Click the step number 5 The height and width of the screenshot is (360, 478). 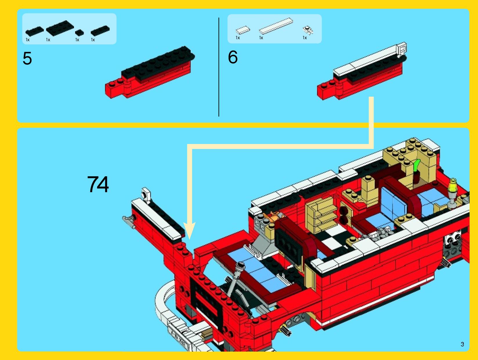pos(27,58)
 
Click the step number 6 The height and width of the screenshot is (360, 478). pos(233,57)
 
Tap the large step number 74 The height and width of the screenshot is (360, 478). pos(98,184)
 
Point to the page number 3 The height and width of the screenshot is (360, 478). pos(462,344)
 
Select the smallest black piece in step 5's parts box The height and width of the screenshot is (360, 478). pos(79,33)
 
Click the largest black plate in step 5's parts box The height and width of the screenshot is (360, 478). pos(60,28)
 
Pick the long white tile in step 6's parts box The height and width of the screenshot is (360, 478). pos(276,26)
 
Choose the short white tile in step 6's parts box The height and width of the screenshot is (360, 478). pos(242,30)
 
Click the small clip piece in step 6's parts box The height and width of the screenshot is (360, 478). pos(308,30)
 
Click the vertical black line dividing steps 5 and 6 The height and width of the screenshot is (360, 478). pos(219,67)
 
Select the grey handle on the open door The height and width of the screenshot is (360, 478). pos(129,221)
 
